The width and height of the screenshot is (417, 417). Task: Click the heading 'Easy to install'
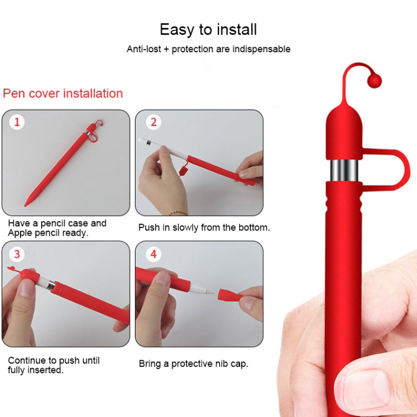208,29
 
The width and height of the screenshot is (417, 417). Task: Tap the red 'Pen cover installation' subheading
63,93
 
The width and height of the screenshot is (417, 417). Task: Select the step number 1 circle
17,122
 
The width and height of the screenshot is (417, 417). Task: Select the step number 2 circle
154,122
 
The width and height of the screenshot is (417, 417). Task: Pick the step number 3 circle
17,254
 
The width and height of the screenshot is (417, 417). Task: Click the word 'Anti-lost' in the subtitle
144,49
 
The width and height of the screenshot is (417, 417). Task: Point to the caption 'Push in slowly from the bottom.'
204,227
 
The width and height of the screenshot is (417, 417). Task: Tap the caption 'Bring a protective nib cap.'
193,364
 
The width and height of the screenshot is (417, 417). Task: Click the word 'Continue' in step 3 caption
27,360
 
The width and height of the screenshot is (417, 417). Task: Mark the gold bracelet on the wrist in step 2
178,212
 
